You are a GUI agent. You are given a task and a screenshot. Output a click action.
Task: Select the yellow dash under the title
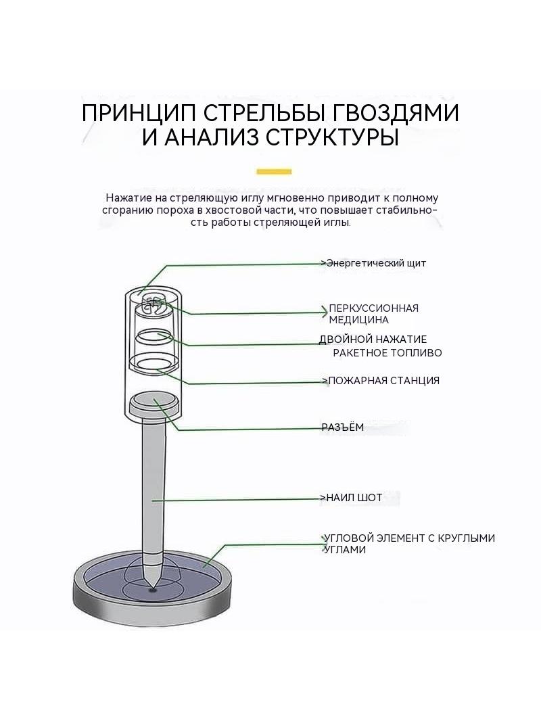click(x=274, y=172)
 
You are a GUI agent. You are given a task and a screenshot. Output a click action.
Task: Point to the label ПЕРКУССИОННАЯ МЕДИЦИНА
click(x=374, y=314)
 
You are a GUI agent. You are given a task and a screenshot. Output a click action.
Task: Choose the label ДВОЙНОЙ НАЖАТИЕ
click(x=373, y=340)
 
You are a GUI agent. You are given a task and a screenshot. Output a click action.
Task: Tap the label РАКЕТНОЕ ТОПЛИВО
click(x=387, y=353)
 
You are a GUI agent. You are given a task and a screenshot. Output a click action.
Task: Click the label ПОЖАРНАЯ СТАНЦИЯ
click(x=384, y=381)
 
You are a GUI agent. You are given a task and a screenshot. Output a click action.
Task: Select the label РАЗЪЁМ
click(x=343, y=427)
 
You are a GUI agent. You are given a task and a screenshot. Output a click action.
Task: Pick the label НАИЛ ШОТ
click(x=354, y=498)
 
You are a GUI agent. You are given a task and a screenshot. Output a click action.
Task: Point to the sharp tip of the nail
click(x=152, y=586)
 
